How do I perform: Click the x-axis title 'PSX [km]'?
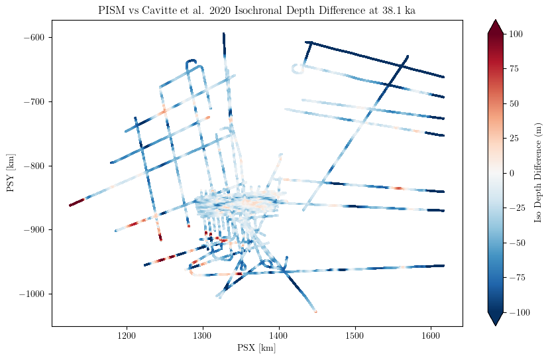[x=256, y=349]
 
